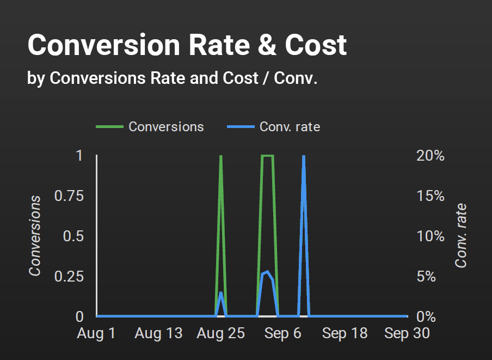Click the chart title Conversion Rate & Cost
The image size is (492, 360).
tap(187, 45)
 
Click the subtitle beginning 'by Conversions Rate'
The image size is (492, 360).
tap(172, 78)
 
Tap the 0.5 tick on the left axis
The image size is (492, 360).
tap(73, 236)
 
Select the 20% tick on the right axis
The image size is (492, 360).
tap(431, 156)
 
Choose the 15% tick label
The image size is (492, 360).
tap(431, 196)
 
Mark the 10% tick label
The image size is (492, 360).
tap(431, 236)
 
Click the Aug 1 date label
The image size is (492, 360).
tap(96, 333)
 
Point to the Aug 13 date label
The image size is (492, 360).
tap(158, 333)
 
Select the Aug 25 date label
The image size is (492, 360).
tap(220, 333)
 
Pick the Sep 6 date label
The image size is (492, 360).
tap(282, 333)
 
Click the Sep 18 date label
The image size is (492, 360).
tap(345, 333)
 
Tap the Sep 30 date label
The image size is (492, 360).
tap(407, 333)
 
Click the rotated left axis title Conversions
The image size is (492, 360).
tap(35, 236)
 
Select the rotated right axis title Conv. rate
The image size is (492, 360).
tap(462, 236)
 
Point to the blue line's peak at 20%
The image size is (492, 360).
tap(303, 157)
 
